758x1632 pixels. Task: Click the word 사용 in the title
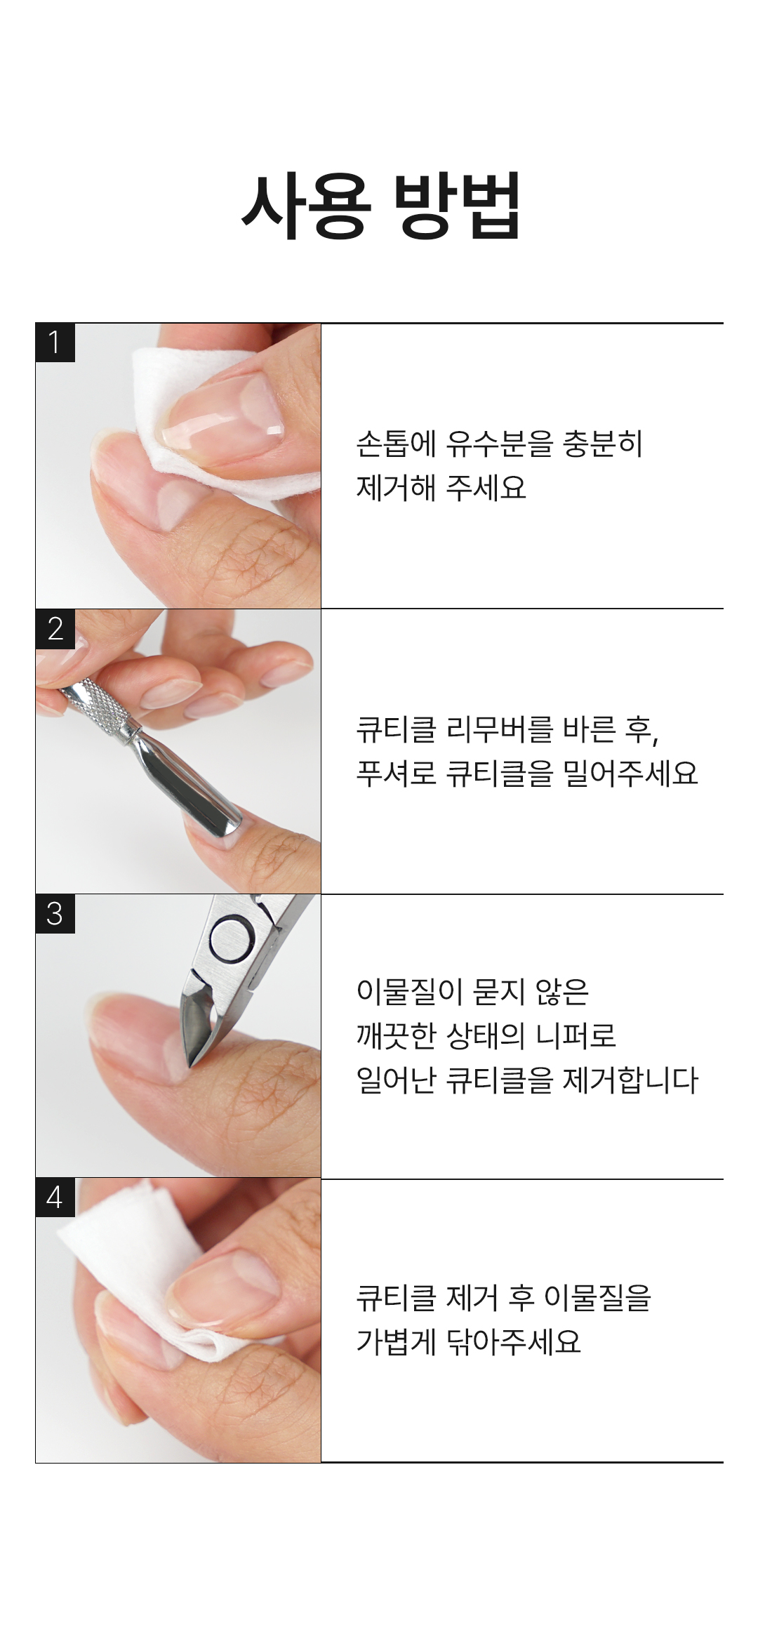point(306,205)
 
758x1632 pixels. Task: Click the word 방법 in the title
point(457,205)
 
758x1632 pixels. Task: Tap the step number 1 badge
point(55,343)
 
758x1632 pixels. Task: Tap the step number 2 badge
point(55,628)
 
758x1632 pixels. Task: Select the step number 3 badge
point(55,913)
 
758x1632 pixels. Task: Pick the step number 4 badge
point(55,1198)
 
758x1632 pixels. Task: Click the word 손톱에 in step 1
point(396,444)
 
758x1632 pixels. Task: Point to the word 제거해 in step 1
point(396,488)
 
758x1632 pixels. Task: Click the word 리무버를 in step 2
point(499,729)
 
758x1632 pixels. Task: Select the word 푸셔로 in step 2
point(396,774)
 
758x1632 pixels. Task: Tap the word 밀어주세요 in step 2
point(631,774)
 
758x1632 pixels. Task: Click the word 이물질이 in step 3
point(409,992)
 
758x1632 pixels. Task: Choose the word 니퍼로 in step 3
point(576,1035)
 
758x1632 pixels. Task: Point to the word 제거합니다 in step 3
point(631,1080)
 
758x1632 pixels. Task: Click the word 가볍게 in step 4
point(396,1341)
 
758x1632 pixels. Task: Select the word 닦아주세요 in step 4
point(514,1341)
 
